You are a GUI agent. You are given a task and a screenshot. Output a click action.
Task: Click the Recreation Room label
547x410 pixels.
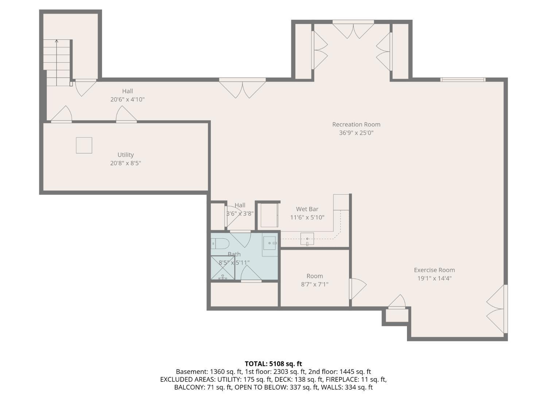[x=356, y=124]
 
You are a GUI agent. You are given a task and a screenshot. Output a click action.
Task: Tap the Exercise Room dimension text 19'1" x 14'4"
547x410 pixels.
[x=434, y=278]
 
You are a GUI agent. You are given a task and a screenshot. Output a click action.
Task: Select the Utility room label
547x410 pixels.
[x=125, y=155]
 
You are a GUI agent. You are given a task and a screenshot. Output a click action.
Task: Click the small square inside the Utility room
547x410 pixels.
[x=84, y=145]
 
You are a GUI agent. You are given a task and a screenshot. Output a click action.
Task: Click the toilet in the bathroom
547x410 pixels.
[x=219, y=243]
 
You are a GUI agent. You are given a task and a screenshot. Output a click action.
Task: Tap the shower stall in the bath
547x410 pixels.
[x=222, y=268]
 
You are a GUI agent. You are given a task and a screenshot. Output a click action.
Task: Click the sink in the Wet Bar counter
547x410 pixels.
[x=307, y=239]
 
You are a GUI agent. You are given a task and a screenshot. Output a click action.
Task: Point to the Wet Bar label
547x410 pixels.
[x=307, y=209]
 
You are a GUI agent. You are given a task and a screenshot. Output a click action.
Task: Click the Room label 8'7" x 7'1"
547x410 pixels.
[x=314, y=280]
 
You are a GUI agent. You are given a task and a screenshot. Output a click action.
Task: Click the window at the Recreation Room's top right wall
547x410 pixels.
[x=463, y=79]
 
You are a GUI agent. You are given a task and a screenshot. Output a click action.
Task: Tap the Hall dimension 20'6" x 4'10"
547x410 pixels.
[x=127, y=99]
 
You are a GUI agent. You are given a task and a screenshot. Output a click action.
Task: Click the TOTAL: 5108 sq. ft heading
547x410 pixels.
[x=273, y=364]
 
